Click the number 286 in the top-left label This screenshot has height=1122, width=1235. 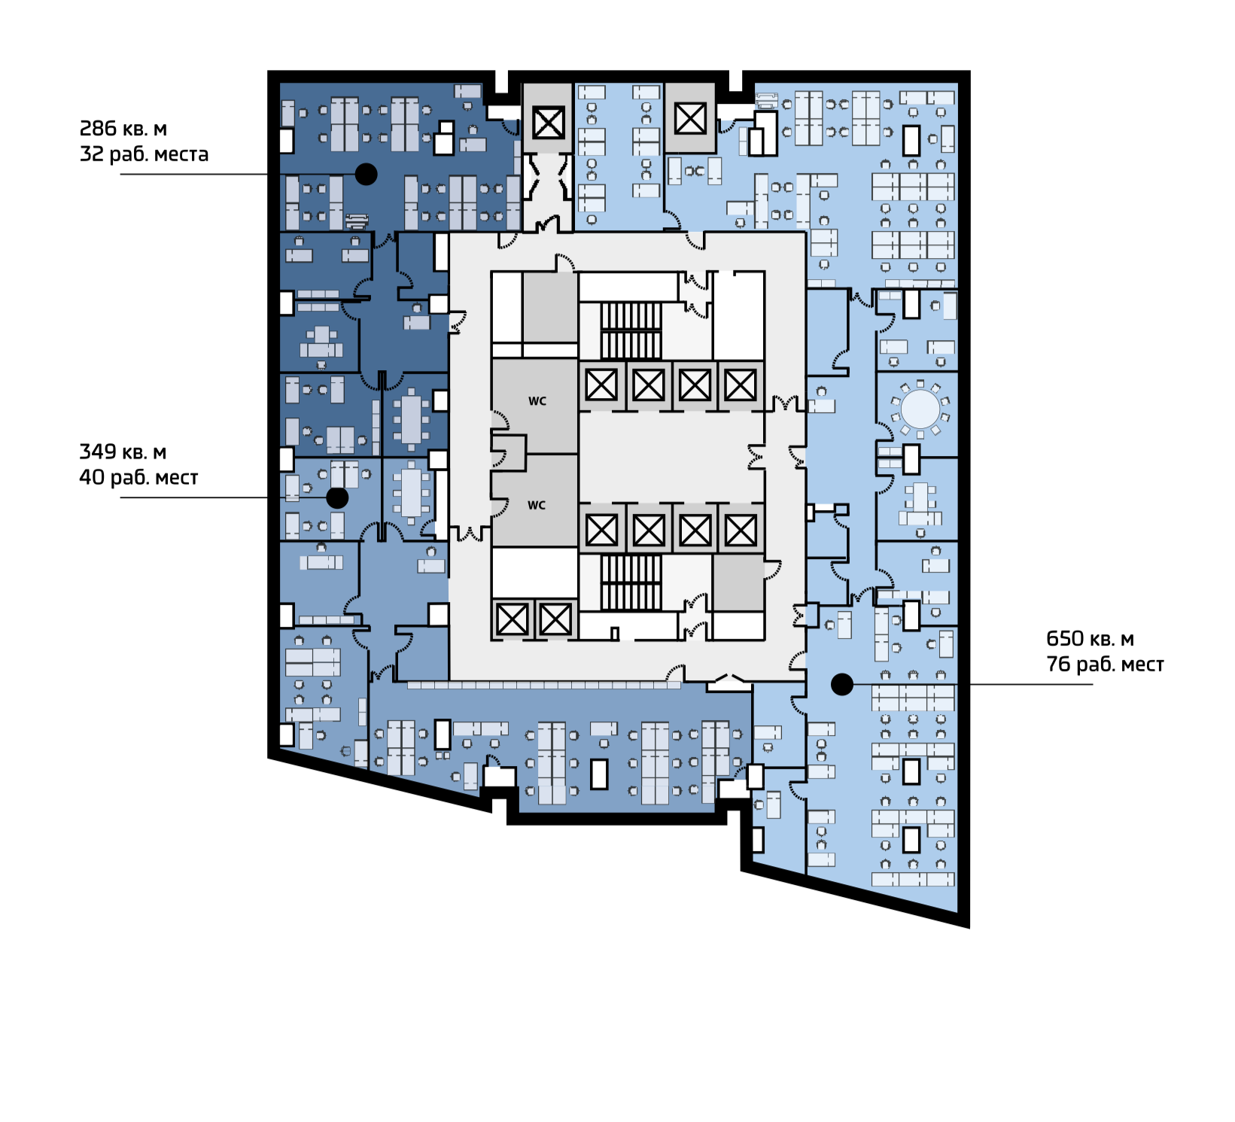(99, 129)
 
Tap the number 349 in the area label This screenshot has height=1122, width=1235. (98, 452)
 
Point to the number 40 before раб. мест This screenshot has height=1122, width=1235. (92, 478)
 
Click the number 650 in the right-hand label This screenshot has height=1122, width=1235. (1065, 639)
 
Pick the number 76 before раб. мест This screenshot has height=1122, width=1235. (1058, 664)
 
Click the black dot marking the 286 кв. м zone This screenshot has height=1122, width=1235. (367, 175)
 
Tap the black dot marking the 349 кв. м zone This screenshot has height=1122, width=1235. (337, 498)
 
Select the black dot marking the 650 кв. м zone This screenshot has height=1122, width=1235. (842, 684)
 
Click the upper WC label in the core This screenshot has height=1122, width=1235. (537, 401)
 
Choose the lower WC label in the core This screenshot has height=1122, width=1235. (536, 505)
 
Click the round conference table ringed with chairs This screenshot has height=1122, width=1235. (920, 409)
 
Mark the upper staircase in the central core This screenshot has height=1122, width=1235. (631, 330)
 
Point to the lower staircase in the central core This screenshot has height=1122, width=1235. (631, 582)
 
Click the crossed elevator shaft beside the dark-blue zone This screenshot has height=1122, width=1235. (548, 123)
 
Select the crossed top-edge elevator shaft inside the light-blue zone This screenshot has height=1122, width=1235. (690, 118)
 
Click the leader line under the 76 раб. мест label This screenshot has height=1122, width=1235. (1031, 685)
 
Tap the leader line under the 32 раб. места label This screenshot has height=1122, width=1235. (194, 175)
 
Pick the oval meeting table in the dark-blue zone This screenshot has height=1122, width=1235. (411, 418)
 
